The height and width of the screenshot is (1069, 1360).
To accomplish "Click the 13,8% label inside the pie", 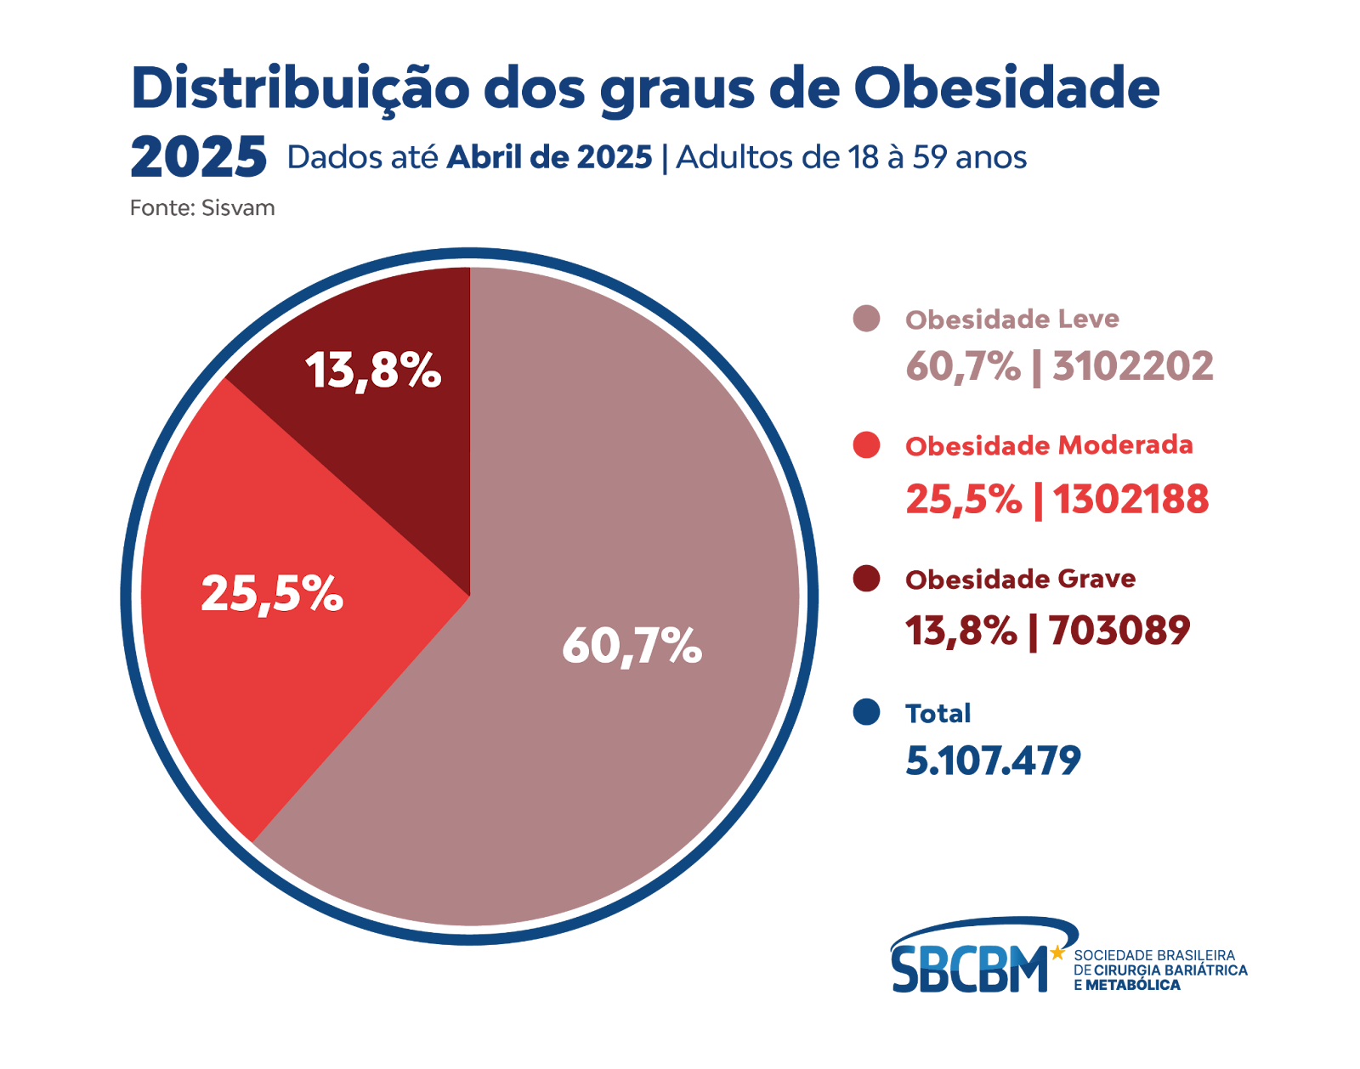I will click(373, 370).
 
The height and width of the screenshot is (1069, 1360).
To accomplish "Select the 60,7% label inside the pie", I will click(632, 645).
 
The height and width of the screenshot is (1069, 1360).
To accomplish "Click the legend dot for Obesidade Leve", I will click(866, 319).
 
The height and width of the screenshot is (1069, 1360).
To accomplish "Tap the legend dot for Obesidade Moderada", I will click(866, 444).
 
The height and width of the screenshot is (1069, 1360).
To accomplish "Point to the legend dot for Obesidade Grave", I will click(866, 579).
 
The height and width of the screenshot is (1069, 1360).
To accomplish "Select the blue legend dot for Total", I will click(866, 712).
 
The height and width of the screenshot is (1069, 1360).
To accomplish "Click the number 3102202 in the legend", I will click(1133, 366).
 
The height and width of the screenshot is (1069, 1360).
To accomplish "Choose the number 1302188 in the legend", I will click(1130, 499).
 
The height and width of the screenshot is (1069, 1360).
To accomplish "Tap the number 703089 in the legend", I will click(1119, 631).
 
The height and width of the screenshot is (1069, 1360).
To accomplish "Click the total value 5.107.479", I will click(993, 761).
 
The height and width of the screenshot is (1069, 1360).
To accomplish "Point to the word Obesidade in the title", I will click(1006, 88).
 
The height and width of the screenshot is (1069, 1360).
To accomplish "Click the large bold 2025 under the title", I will click(199, 157).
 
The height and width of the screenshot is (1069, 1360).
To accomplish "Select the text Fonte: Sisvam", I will click(202, 208).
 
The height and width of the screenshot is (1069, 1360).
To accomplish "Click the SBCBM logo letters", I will click(969, 969).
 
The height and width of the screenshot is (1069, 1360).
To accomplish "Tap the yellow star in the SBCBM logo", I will click(1057, 953).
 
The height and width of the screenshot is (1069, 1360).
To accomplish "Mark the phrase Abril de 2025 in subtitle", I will click(550, 157).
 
